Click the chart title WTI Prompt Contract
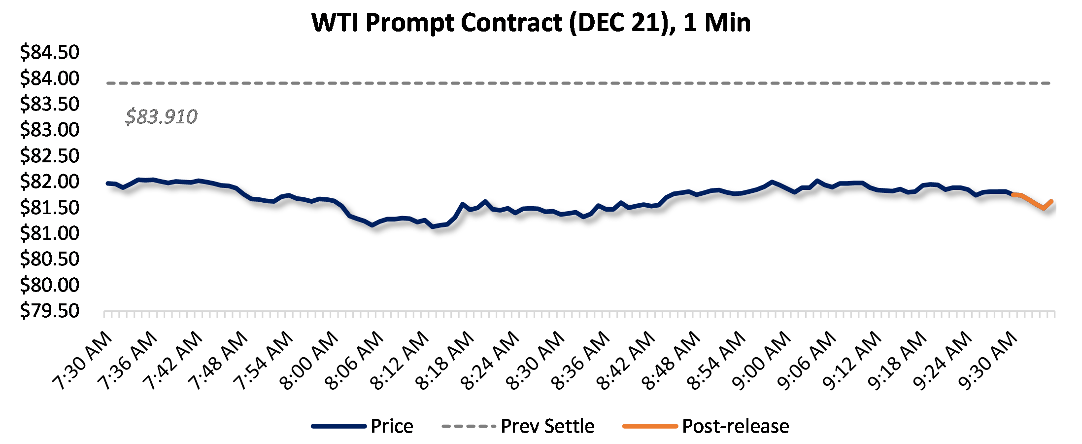tap(531, 23)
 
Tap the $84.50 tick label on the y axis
tap(49, 52)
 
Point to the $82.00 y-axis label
tap(49, 182)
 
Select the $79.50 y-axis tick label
tap(49, 311)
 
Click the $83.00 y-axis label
tap(49, 130)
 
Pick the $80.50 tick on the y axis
tap(49, 259)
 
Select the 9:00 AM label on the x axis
tap(762, 361)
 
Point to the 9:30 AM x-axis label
tap(988, 361)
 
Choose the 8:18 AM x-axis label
tap(445, 361)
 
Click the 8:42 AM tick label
tap(626, 361)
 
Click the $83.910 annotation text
tap(161, 117)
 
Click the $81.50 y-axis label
tap(49, 208)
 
